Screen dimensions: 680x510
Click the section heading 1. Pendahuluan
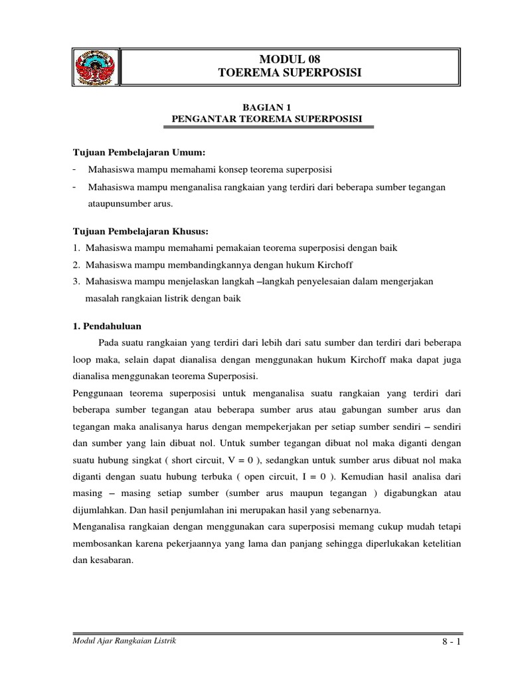pyautogui.click(x=106, y=326)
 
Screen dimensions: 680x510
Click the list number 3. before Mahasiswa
pyautogui.click(x=77, y=282)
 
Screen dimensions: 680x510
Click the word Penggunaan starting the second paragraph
pyautogui.click(x=98, y=393)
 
